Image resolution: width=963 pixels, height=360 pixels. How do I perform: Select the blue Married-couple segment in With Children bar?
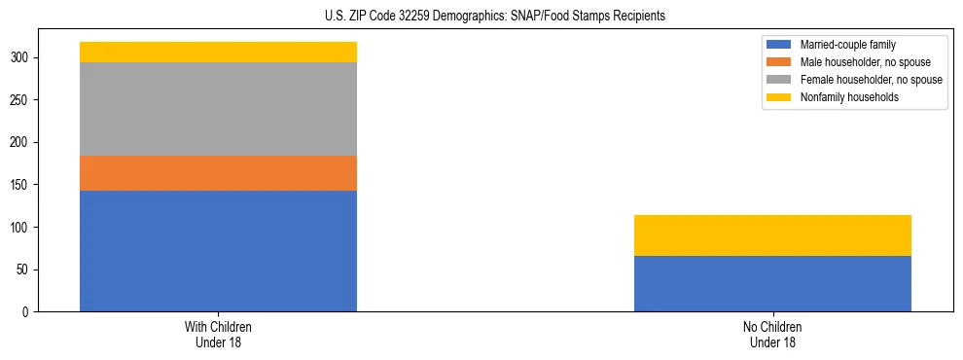click(x=218, y=251)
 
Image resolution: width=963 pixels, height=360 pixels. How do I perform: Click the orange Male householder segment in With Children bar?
click(x=218, y=173)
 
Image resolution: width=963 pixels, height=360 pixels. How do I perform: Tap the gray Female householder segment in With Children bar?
click(x=218, y=109)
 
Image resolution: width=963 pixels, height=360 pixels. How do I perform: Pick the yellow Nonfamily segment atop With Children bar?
click(x=218, y=52)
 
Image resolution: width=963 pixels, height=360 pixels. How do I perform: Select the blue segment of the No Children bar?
click(x=772, y=284)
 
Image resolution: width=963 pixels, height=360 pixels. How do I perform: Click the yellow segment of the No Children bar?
click(x=772, y=235)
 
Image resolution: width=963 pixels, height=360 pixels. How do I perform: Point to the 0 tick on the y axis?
click(x=29, y=312)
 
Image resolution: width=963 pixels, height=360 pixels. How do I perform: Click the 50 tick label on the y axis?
click(x=26, y=270)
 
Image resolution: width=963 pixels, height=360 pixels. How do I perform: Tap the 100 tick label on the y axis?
click(x=23, y=228)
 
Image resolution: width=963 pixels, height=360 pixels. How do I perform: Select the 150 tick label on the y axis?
click(x=23, y=185)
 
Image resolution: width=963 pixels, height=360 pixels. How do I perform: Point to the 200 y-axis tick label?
click(x=23, y=143)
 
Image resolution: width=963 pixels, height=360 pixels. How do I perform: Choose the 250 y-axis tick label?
click(x=23, y=100)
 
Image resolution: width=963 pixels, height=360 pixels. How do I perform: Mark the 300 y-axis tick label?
click(x=23, y=58)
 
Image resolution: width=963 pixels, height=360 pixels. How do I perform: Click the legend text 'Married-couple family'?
click(x=848, y=45)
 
